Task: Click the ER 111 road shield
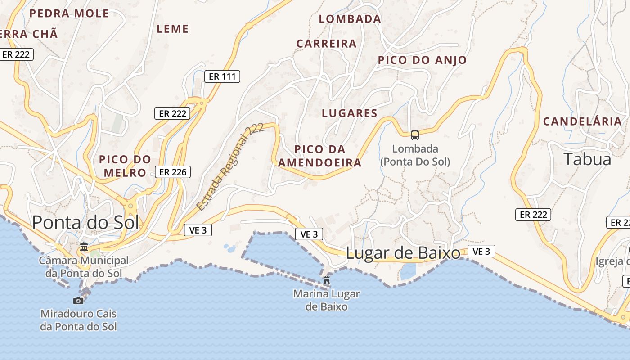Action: (x=222, y=76)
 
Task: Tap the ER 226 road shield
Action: (x=173, y=172)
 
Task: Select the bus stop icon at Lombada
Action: (x=415, y=135)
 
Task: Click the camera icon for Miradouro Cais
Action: (x=78, y=301)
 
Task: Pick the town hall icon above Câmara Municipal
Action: (x=84, y=247)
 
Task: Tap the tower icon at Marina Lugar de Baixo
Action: (x=327, y=280)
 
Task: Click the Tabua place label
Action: (x=587, y=159)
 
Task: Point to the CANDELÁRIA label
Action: (x=582, y=121)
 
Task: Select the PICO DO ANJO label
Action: (x=422, y=60)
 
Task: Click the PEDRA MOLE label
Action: (x=69, y=13)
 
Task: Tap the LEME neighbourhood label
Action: (x=172, y=29)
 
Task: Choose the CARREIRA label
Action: (x=326, y=44)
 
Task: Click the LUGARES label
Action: (x=349, y=113)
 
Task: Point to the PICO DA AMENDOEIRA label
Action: (x=319, y=156)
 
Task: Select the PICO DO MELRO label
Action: (x=125, y=166)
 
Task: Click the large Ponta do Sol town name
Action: (x=85, y=222)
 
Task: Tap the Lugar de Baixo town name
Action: (x=403, y=253)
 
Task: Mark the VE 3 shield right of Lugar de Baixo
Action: (x=481, y=252)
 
